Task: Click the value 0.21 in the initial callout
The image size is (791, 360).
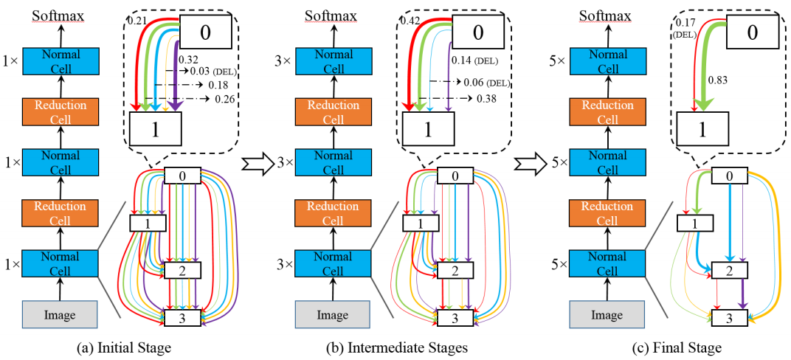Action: point(136,20)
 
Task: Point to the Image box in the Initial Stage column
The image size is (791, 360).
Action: point(59,315)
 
